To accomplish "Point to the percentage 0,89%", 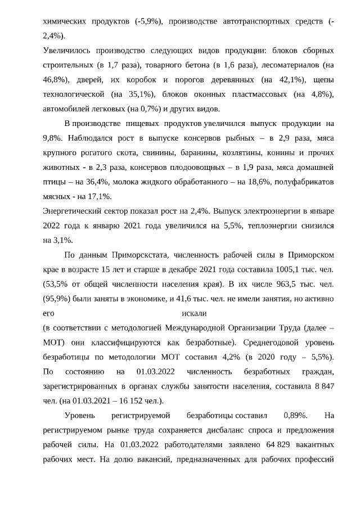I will click(x=295, y=416).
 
